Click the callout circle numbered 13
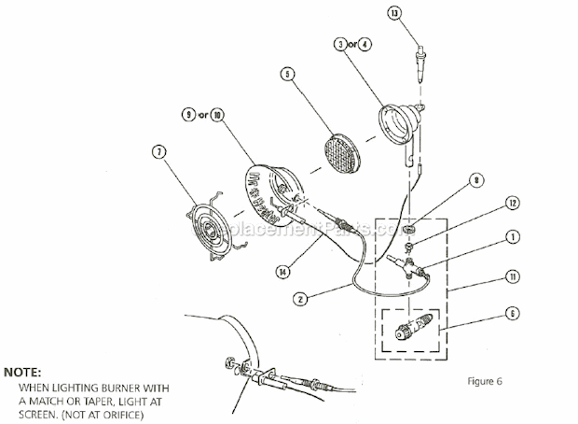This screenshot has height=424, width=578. pyautogui.click(x=420, y=13)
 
